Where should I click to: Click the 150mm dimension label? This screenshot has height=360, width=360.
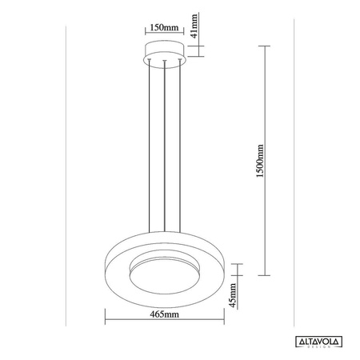pos(164,28)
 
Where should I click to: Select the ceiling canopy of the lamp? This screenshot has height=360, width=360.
pos(164,54)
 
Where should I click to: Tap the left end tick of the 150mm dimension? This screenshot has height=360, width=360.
pos(145,35)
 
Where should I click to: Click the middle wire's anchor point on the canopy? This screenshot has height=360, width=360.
pos(164,60)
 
